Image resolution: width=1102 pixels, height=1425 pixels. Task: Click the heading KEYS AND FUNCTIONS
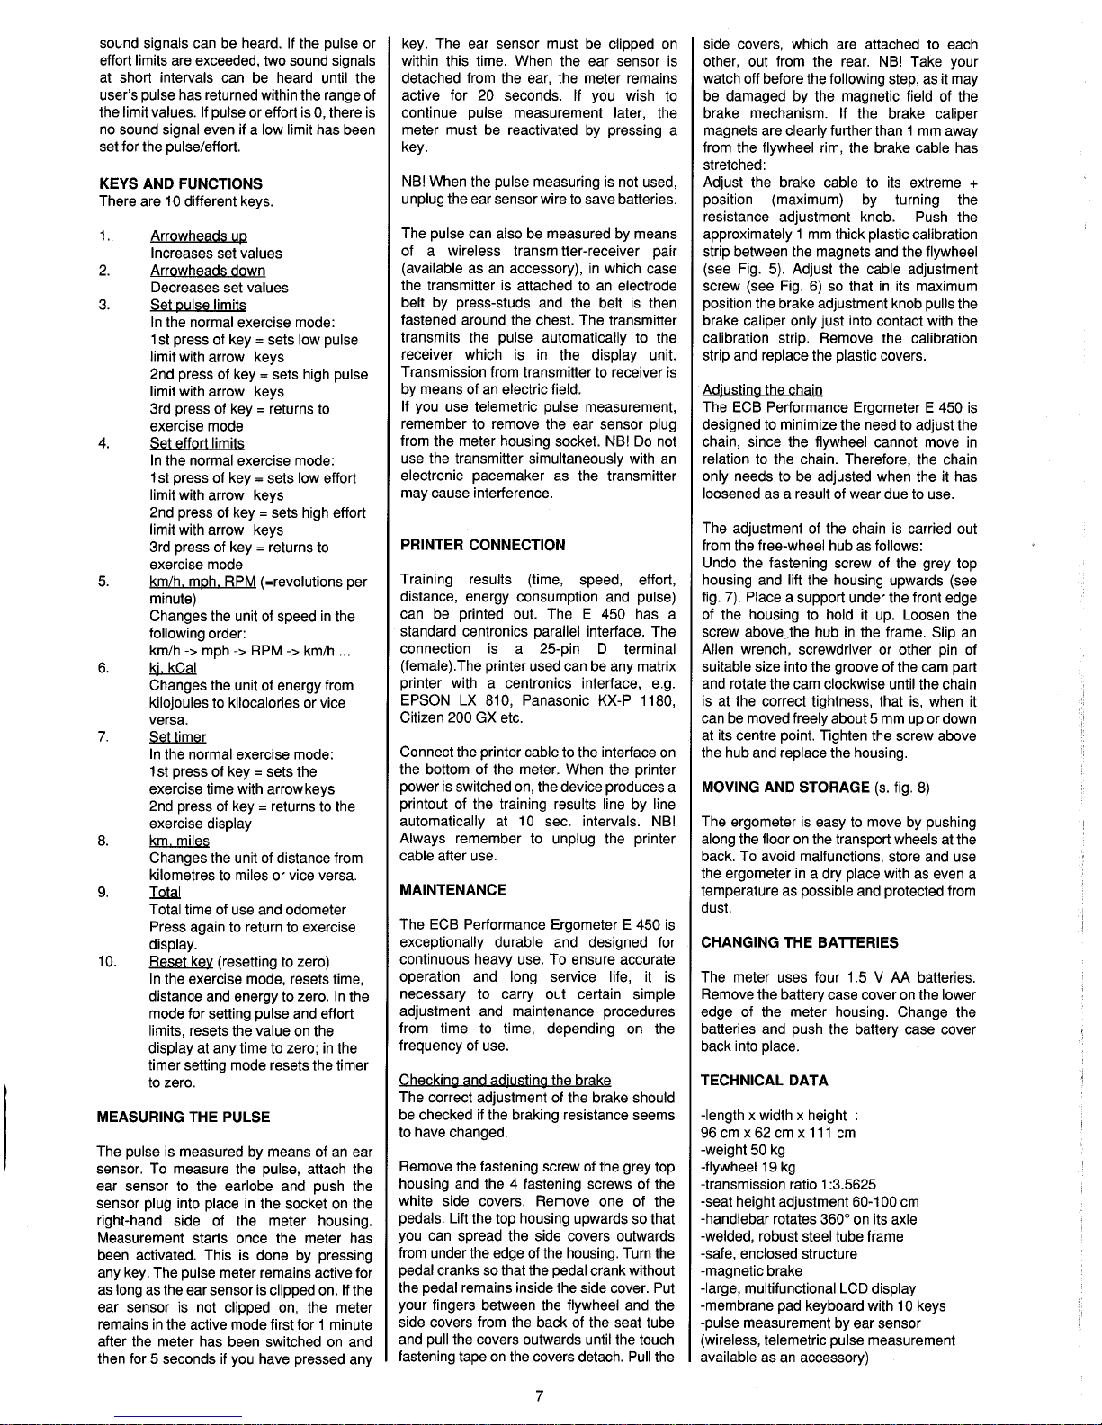(x=180, y=183)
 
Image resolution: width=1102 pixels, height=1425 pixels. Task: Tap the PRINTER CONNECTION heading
(x=483, y=545)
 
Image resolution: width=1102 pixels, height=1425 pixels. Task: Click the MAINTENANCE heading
(x=453, y=890)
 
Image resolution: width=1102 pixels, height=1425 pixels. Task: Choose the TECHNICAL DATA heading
(x=765, y=1081)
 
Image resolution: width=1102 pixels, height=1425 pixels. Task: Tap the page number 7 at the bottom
(x=537, y=1394)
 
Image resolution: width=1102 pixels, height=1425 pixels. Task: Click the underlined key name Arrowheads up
(x=199, y=236)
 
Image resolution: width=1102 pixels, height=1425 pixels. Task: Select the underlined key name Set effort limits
(x=197, y=443)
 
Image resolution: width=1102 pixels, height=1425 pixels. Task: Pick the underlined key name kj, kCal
(x=173, y=668)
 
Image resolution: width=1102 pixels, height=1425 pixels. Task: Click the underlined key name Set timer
(x=178, y=737)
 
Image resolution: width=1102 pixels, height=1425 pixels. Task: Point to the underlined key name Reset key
(x=182, y=962)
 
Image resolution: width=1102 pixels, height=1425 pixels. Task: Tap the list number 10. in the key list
(x=109, y=962)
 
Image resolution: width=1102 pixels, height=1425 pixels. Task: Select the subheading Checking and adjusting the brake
(x=506, y=1080)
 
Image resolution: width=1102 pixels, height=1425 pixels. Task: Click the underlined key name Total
(x=165, y=893)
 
